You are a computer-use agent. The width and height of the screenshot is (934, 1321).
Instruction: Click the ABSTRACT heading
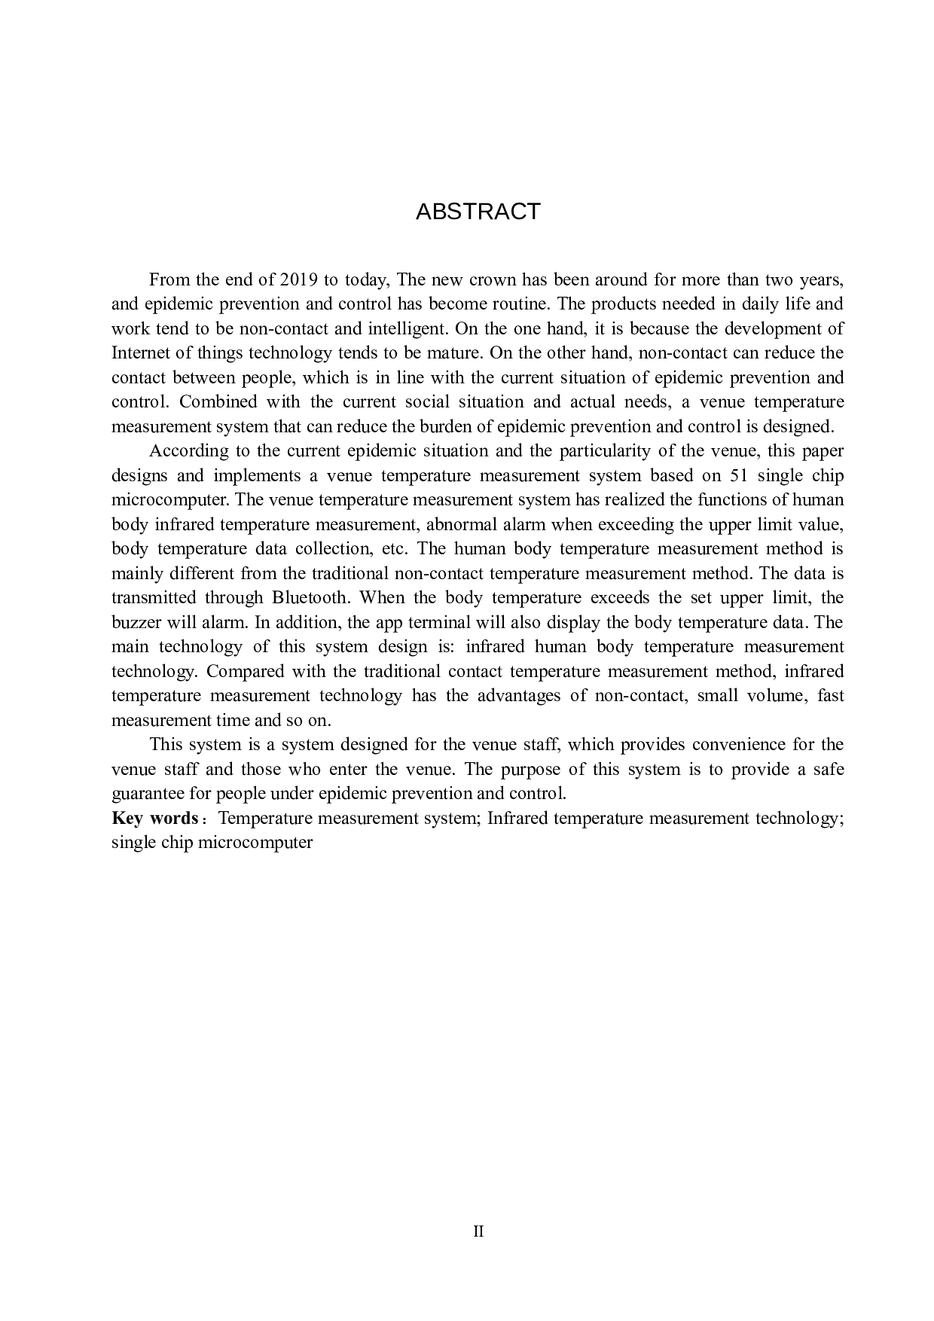pyautogui.click(x=478, y=212)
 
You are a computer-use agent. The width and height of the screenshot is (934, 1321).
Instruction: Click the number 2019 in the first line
pyautogui.click(x=299, y=280)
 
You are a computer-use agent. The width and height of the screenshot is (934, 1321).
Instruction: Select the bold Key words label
pyautogui.click(x=154, y=819)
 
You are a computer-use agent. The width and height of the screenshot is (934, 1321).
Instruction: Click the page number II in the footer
pyautogui.click(x=478, y=1232)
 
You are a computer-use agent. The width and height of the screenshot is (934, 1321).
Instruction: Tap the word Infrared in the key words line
pyautogui.click(x=517, y=819)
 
